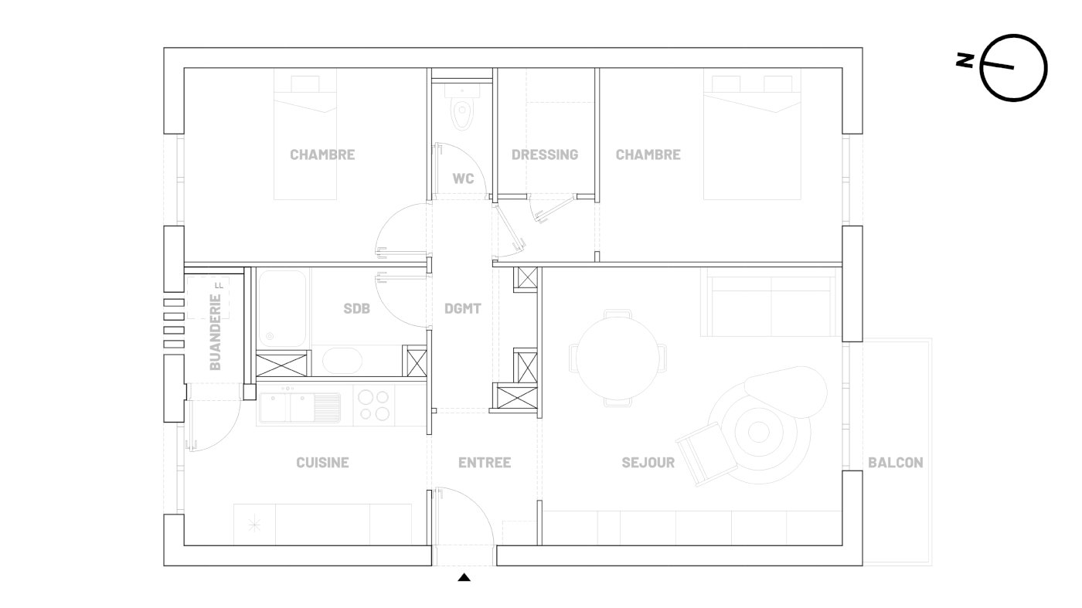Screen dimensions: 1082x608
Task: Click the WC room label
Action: (x=463, y=178)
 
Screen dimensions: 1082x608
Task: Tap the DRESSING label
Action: (x=545, y=155)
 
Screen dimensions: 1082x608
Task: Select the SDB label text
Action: (x=356, y=308)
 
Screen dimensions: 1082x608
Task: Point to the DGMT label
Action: (x=463, y=308)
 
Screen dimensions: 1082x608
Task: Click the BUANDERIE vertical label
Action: (x=216, y=332)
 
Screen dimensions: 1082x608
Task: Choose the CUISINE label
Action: (x=323, y=463)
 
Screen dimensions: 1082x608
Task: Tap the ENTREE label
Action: (x=485, y=463)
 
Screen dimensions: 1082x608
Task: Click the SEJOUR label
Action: (x=648, y=463)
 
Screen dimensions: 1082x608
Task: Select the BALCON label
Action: (x=896, y=463)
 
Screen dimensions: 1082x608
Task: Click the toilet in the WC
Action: (x=462, y=109)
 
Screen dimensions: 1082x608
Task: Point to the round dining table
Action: (x=618, y=358)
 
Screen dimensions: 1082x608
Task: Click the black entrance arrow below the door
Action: (x=464, y=577)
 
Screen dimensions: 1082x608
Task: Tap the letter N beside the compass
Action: (x=965, y=60)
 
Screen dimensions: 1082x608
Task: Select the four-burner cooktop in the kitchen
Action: (x=374, y=405)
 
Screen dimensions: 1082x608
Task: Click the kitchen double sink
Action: (x=300, y=407)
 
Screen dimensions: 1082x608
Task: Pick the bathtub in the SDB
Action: (x=282, y=308)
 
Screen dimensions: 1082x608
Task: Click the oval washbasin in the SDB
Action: (x=342, y=360)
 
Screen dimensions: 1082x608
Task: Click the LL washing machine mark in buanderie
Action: (x=219, y=285)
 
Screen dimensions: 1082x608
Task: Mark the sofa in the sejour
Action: (x=771, y=304)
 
